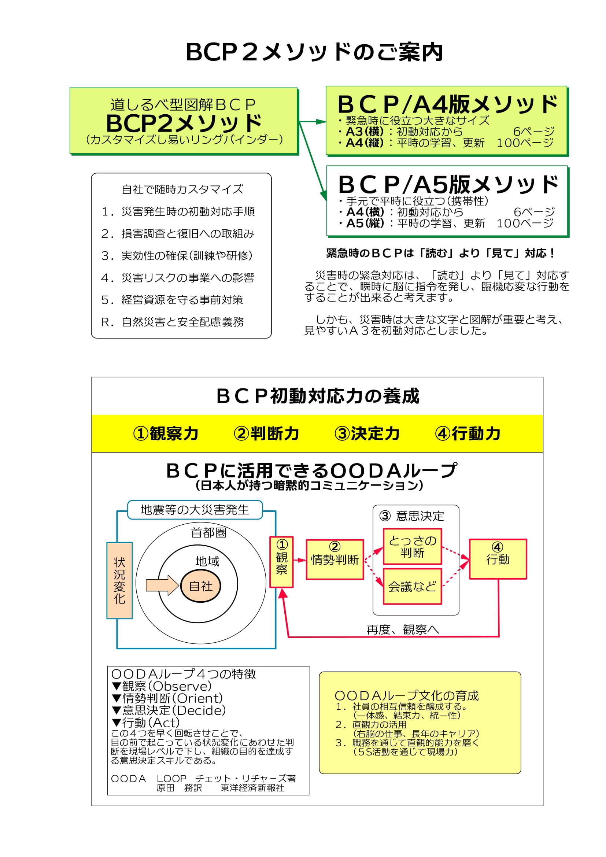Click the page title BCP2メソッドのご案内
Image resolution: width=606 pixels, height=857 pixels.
pyautogui.click(x=314, y=52)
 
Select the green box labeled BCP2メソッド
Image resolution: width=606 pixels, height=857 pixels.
pyautogui.click(x=184, y=121)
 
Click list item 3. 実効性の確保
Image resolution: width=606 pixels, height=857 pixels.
pyautogui.click(x=177, y=256)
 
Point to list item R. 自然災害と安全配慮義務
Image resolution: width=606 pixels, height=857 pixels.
pyautogui.click(x=173, y=322)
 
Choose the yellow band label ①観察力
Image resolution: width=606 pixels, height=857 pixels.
pyautogui.click(x=166, y=433)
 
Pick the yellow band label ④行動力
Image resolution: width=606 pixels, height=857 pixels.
pyautogui.click(x=468, y=433)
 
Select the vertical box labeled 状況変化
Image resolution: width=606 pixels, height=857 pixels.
pyautogui.click(x=119, y=580)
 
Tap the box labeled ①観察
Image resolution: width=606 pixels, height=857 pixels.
pyautogui.click(x=282, y=562)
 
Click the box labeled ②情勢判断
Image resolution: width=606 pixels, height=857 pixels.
pyautogui.click(x=335, y=559)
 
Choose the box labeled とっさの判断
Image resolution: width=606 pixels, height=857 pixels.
pyautogui.click(x=412, y=546)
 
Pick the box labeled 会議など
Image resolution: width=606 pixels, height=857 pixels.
pyautogui.click(x=412, y=586)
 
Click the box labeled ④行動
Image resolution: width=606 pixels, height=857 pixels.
pyautogui.click(x=498, y=559)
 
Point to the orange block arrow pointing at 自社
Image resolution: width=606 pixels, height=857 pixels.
pyautogui.click(x=162, y=585)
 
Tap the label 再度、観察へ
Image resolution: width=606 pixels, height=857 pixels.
pyautogui.click(x=403, y=629)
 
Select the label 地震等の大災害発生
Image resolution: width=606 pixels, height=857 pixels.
pyautogui.click(x=195, y=510)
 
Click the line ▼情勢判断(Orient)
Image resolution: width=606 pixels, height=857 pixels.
pyautogui.click(x=167, y=698)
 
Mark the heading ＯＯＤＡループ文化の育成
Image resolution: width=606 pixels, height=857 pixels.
pyautogui.click(x=406, y=695)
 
